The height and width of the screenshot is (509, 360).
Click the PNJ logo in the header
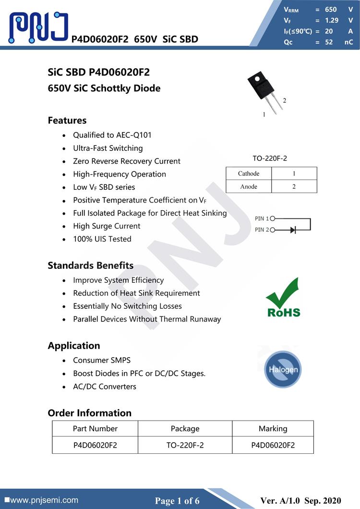[x=38, y=27]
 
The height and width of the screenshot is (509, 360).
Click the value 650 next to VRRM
[x=331, y=9]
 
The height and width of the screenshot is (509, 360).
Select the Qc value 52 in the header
[x=329, y=42]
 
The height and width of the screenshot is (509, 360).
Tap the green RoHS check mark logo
[x=283, y=297]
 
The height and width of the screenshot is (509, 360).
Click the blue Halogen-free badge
[x=283, y=369]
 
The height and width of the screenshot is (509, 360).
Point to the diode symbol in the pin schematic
[x=292, y=230]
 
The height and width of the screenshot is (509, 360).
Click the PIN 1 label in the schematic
[x=262, y=218]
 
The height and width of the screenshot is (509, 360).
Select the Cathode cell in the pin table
[x=249, y=173]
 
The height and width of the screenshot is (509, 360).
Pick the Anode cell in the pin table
[x=249, y=186]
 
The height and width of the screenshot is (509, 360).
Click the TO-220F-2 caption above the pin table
[x=270, y=158]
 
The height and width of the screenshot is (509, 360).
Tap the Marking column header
[x=273, y=428]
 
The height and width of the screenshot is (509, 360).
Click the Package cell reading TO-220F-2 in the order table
[x=185, y=445]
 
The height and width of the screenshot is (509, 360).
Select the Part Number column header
[x=95, y=428]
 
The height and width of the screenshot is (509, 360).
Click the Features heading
[x=67, y=121]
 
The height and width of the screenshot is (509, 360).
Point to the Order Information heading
[x=89, y=413]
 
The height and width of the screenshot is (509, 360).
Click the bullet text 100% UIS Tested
[x=102, y=239]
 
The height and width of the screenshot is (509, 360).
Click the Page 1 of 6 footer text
[x=177, y=501]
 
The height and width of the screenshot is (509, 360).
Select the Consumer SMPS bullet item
[x=102, y=360]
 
